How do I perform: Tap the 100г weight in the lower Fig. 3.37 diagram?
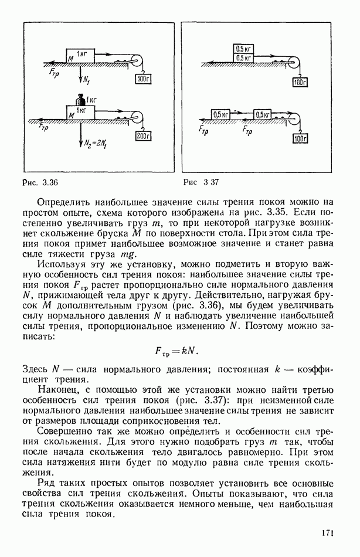(x=300, y=138)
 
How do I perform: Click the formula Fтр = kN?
(x=176, y=351)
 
